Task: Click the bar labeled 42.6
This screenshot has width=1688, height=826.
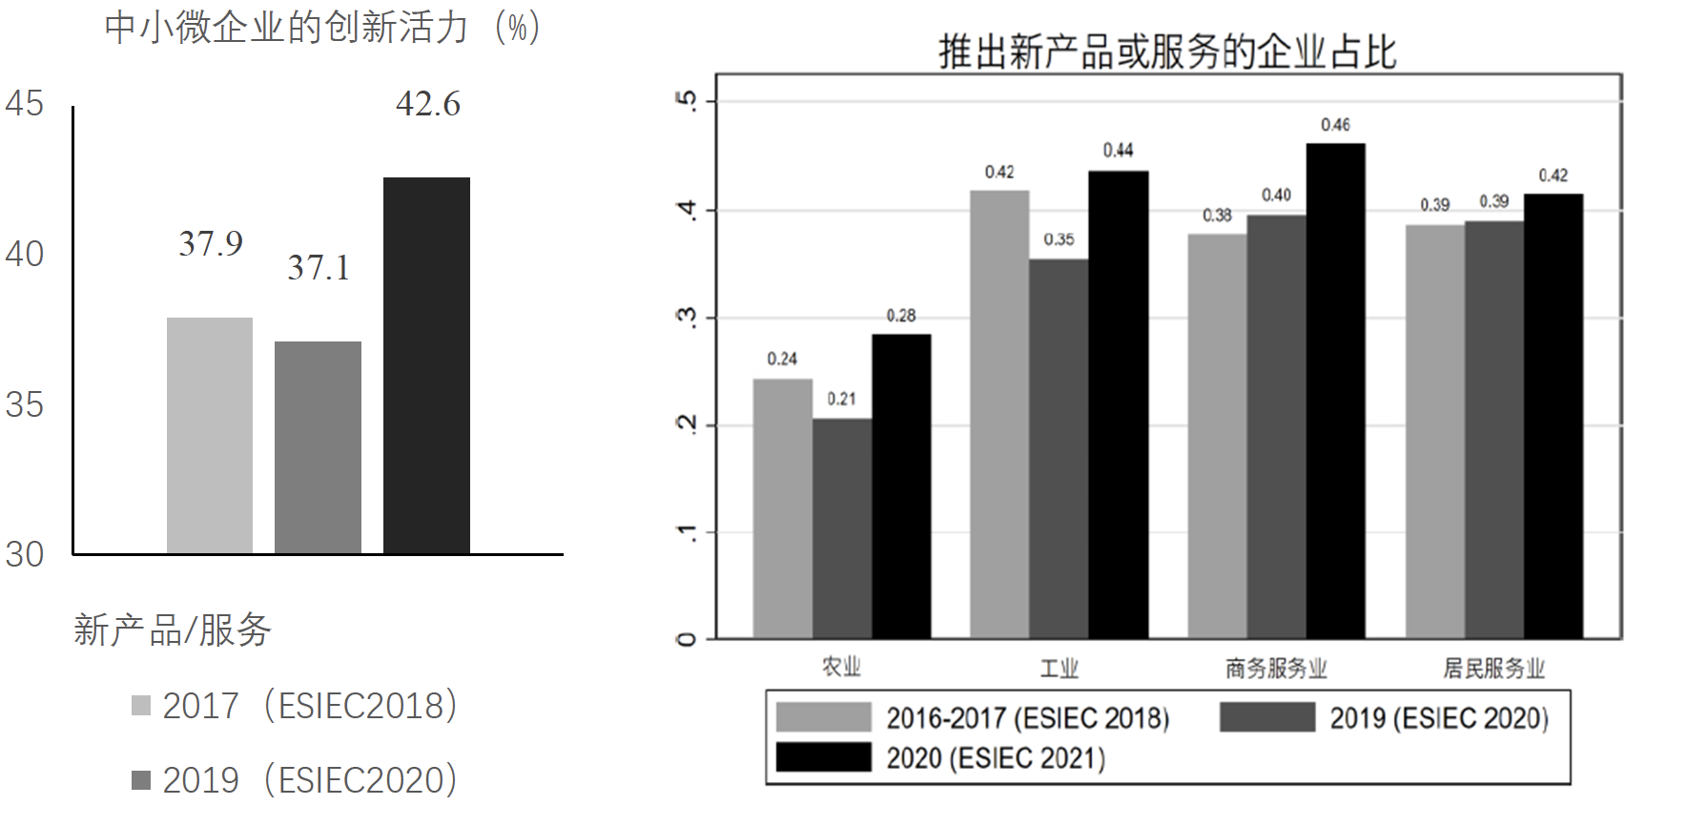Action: (426, 364)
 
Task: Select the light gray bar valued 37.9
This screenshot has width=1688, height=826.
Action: (210, 435)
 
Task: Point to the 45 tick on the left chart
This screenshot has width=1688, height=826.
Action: (25, 104)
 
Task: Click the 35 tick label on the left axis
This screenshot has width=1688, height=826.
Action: (25, 405)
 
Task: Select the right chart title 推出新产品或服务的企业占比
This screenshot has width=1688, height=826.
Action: (1167, 52)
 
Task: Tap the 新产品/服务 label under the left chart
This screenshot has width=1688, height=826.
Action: (173, 630)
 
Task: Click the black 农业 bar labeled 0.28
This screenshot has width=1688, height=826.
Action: (901, 485)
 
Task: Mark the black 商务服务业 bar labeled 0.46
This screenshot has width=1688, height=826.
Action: (1335, 390)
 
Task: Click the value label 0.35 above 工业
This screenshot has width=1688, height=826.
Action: (1059, 239)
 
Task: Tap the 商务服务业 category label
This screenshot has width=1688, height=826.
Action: (1276, 668)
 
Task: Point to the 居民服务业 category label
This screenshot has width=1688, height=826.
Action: (1493, 668)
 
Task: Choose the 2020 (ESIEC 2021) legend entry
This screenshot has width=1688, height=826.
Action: (996, 758)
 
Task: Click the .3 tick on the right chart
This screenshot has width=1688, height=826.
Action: (687, 318)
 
